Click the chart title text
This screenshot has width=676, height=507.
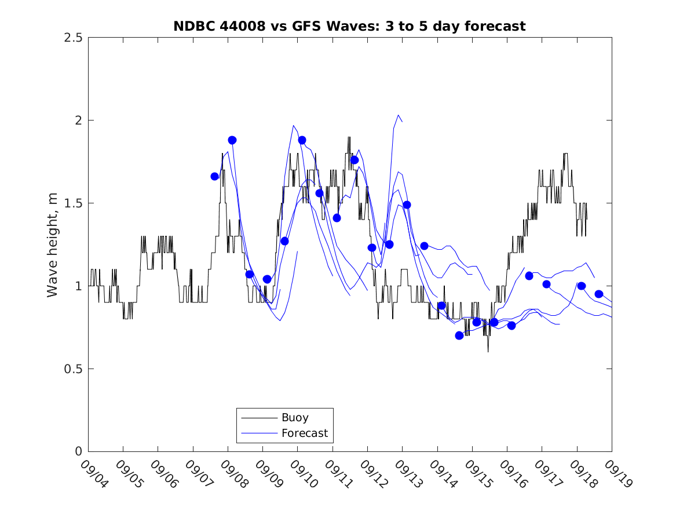[x=349, y=26]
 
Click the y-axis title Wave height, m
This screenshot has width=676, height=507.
[x=53, y=244]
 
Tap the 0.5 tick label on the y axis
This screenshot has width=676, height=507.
[x=73, y=369]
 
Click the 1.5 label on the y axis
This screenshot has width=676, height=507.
[x=73, y=203]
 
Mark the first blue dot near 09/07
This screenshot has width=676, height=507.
[x=215, y=176]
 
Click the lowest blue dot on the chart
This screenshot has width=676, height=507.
[x=459, y=335]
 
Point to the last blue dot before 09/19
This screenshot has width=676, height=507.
[x=599, y=294]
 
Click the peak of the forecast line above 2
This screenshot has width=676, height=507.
[x=399, y=115]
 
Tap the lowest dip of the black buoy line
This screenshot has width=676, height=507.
[x=488, y=351]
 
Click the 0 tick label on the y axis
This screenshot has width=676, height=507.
[x=78, y=452]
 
